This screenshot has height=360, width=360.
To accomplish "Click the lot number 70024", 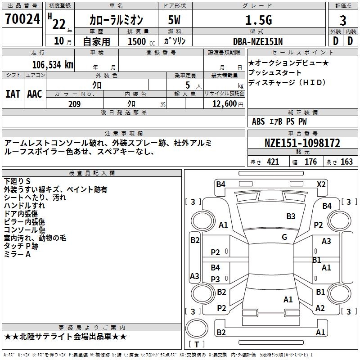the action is [x=23, y=19].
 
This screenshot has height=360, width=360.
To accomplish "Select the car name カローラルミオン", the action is [x=116, y=20].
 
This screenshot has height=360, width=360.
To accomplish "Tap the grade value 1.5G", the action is [x=258, y=20].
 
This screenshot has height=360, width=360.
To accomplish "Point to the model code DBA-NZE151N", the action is [x=258, y=41].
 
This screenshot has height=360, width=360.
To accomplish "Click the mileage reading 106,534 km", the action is [x=53, y=64].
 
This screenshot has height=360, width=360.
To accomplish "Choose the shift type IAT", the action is [x=13, y=94].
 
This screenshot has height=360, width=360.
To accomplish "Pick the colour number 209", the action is [x=74, y=104].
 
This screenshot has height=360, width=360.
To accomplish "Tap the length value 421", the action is [x=273, y=162].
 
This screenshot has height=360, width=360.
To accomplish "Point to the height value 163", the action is [x=346, y=162].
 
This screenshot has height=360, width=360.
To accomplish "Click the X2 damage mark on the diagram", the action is [x=321, y=184].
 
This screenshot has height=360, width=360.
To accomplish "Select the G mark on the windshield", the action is [x=284, y=237].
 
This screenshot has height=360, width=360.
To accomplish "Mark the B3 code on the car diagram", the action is [x=291, y=216].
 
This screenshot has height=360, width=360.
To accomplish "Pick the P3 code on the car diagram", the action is [x=216, y=279].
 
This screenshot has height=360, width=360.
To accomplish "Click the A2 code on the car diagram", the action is [x=320, y=308].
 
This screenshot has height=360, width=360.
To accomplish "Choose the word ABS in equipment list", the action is [x=258, y=121].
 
